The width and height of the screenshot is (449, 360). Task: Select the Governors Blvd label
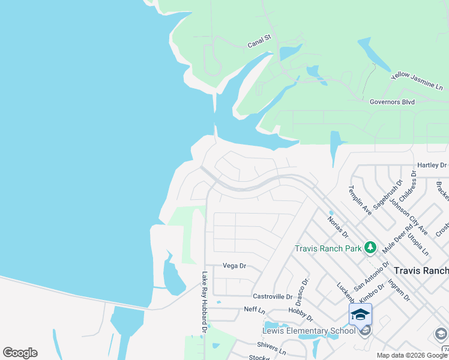(x=392, y=102)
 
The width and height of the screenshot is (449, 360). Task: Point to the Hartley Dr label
(x=432, y=166)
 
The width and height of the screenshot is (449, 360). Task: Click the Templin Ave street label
(x=361, y=199)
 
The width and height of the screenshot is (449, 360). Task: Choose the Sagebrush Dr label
(x=387, y=194)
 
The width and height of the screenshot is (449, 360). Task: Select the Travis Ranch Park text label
(x=327, y=248)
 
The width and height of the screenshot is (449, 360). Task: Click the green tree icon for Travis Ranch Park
(x=370, y=248)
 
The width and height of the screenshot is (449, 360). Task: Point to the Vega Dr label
(x=235, y=266)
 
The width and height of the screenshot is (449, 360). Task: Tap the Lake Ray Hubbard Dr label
(x=204, y=302)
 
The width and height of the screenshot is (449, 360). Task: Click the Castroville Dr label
(x=272, y=296)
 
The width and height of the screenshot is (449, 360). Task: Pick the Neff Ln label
(x=254, y=310)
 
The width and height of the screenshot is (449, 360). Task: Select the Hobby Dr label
(x=301, y=313)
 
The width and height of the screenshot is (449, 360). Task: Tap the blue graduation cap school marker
(x=360, y=314)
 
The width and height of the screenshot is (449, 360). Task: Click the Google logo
(x=20, y=353)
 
